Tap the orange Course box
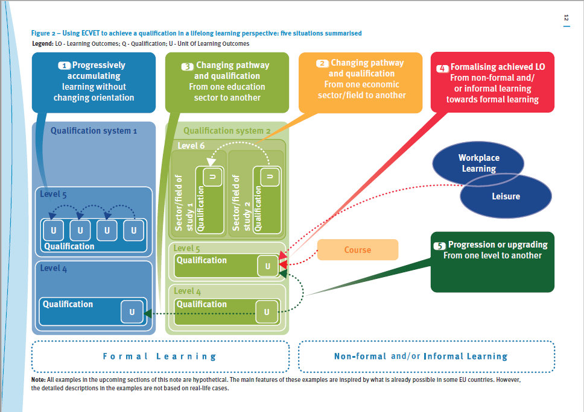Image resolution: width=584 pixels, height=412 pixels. click(358, 249)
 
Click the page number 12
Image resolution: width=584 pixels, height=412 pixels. click(566, 19)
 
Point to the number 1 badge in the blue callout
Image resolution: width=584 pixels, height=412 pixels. click(65, 65)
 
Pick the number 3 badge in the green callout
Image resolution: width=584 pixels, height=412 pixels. click(188, 66)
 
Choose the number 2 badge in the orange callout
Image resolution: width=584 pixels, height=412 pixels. click(322, 63)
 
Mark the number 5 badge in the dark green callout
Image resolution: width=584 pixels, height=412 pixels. click(439, 245)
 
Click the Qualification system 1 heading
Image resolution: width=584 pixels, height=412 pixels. click(94, 131)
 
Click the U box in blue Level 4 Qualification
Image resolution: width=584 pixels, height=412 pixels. click(132, 311)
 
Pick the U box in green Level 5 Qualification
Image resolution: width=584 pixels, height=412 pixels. click(268, 266)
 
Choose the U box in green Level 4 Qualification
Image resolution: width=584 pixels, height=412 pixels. click(267, 311)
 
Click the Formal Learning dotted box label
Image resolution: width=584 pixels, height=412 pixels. click(159, 356)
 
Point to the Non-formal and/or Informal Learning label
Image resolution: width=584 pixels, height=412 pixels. click(421, 356)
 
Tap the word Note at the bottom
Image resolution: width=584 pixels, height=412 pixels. click(39, 380)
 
